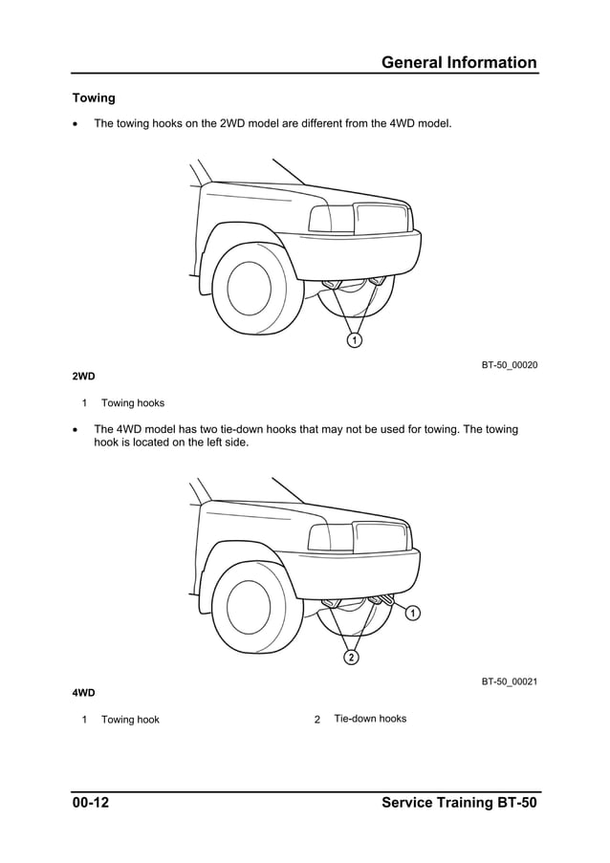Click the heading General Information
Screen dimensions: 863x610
coord(459,63)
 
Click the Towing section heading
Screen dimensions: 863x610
coord(94,98)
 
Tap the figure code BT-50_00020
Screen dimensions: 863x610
coord(509,365)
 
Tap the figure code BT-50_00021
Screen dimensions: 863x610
coord(509,681)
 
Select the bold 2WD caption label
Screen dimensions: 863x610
coord(83,377)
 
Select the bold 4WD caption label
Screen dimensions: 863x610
coord(83,692)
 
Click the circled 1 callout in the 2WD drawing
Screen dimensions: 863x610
coord(354,340)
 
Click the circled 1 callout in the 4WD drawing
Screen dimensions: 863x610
coord(412,613)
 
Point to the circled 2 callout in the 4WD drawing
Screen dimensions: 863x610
coord(352,658)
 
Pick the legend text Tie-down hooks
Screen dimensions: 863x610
coord(370,719)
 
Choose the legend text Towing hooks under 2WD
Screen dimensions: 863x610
coord(133,403)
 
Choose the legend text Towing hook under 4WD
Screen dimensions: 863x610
coord(130,720)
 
